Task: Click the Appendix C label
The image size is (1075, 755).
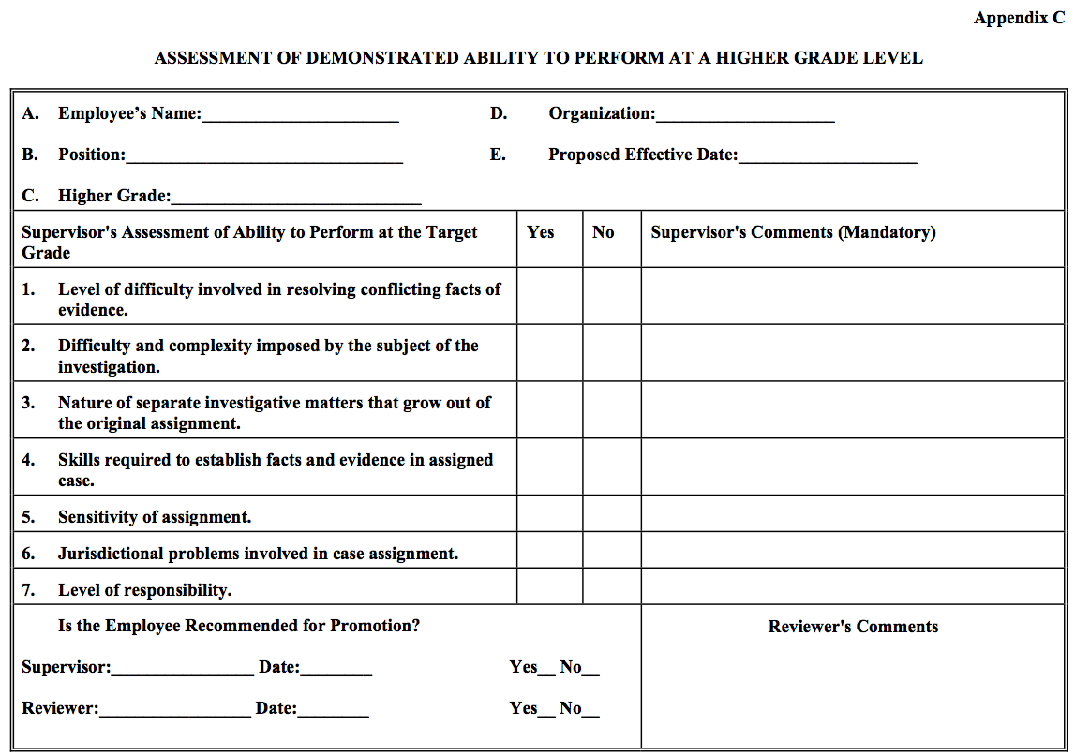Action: (1019, 18)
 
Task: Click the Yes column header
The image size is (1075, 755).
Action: (541, 232)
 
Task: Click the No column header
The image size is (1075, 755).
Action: (604, 232)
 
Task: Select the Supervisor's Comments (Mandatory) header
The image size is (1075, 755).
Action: (793, 232)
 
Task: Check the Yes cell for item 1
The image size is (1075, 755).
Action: (549, 296)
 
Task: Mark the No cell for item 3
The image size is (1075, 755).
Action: (611, 410)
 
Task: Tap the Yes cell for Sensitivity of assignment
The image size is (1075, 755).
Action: (549, 514)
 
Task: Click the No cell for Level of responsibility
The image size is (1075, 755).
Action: (611, 586)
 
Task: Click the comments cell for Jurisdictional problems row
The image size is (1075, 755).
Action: (852, 551)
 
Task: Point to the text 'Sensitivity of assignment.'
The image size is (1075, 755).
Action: (155, 517)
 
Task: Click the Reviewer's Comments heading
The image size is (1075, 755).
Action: (853, 627)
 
